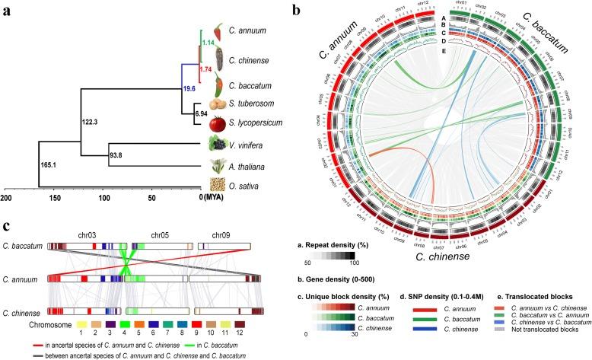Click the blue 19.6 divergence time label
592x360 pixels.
189,88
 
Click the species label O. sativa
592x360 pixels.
247,184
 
